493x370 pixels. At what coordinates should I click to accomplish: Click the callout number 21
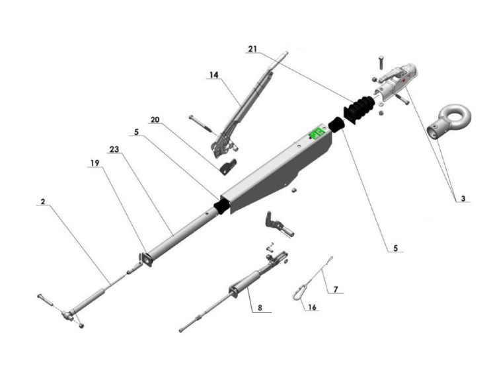[x=252, y=49]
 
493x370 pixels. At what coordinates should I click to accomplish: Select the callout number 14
[x=214, y=75]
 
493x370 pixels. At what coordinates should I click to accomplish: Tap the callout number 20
[x=155, y=120]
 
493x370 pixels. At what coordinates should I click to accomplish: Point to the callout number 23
[x=114, y=149]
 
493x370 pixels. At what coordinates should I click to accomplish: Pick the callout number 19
[x=95, y=163]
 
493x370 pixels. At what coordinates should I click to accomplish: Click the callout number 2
[x=43, y=202]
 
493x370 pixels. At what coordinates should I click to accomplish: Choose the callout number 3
[x=463, y=198]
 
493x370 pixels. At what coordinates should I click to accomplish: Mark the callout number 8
[x=260, y=308]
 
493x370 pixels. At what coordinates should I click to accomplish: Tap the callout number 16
[x=312, y=307]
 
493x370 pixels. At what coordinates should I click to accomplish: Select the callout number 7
[x=336, y=289]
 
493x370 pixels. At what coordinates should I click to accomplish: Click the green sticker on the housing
[x=317, y=133]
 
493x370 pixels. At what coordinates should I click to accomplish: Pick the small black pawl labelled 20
[x=228, y=167]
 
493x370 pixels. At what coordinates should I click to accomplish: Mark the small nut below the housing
[x=294, y=190]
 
